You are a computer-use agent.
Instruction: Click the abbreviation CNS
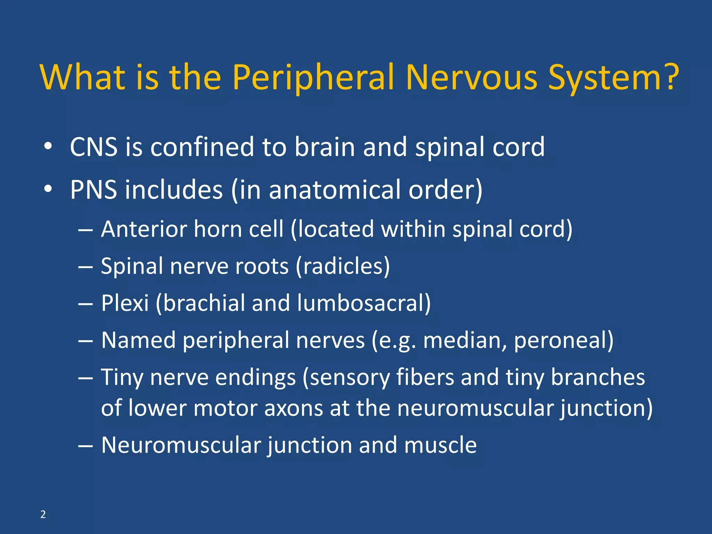94,147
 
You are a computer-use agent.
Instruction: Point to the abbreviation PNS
94,190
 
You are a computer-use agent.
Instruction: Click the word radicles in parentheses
342,266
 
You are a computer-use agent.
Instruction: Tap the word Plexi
125,303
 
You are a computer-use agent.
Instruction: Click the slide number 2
43,514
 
